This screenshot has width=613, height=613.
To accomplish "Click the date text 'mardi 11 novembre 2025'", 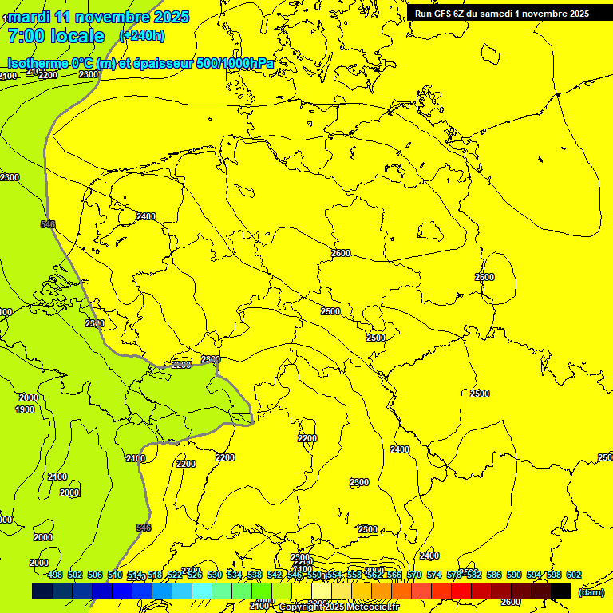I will pyautogui.click(x=98, y=17).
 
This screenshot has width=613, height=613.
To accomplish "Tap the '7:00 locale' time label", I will pyautogui.click(x=56, y=36).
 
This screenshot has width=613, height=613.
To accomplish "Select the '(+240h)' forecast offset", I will pyautogui.click(x=142, y=35).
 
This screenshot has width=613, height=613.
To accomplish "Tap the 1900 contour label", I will pyautogui.click(x=25, y=409).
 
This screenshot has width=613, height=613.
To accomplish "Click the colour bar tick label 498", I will pyautogui.click(x=55, y=575).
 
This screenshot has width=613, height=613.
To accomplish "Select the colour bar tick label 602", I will pyautogui.click(x=574, y=575).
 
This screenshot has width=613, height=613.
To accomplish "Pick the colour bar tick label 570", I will pyautogui.click(x=414, y=575).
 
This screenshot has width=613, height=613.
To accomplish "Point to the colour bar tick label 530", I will pyautogui.click(x=215, y=575).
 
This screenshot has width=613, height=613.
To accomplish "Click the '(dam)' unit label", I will pyautogui.click(x=591, y=592).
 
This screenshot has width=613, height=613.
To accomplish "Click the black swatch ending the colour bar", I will pyautogui.click(x=561, y=591).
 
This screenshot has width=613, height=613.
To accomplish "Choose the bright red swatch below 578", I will pyautogui.click(x=461, y=591).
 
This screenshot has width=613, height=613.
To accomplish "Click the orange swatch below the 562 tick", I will pyautogui.click(x=382, y=591).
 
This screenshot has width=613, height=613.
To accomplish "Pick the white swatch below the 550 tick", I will pyautogui.click(x=322, y=591).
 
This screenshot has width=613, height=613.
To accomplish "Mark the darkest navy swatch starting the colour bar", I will pyautogui.click(x=42, y=591).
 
